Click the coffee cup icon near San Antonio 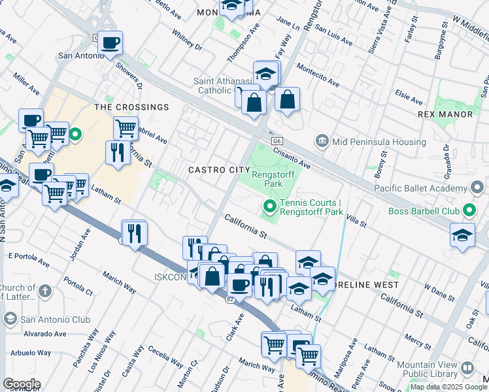coord(110,44)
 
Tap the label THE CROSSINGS coord(131,107)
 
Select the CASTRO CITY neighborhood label coord(220,170)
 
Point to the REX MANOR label coord(445,114)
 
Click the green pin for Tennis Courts coord(269,208)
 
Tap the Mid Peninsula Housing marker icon coord(322,140)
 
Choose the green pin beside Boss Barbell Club coord(469,211)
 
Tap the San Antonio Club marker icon coord(10,319)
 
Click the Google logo coord(22,384)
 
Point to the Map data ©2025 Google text coord(448,387)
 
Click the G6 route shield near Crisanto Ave coord(275,140)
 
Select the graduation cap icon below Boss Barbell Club coord(462,236)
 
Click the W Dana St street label coord(439,291)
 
